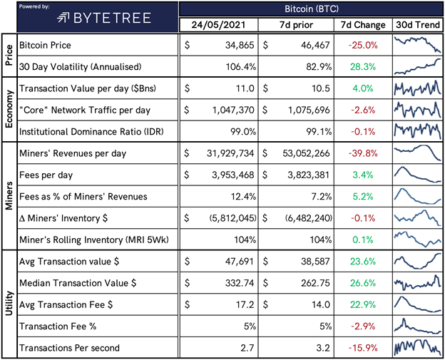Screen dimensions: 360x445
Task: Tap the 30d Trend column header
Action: coord(416,25)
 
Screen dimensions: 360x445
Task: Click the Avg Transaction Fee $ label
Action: coord(68,304)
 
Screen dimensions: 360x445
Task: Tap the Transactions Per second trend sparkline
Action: coord(416,348)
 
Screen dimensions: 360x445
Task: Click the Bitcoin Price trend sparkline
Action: coord(416,44)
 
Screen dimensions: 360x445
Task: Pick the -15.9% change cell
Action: coord(364,348)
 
